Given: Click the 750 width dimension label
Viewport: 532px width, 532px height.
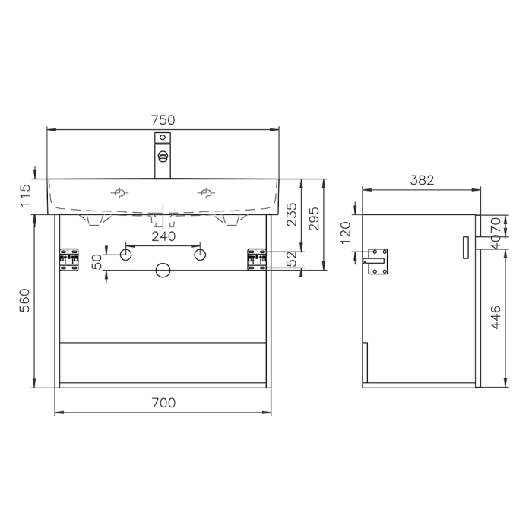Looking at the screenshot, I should point(163,119).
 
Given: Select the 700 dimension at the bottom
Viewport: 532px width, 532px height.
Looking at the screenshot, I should point(163,403).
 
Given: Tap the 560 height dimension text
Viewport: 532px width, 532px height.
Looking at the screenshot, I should point(24,300).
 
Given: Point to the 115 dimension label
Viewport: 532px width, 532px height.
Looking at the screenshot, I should point(24,195).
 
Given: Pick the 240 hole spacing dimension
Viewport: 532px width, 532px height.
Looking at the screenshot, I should point(163,236).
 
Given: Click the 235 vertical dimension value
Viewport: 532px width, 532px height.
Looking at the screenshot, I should point(292,215).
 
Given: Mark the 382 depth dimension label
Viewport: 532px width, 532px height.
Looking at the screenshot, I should point(422,181).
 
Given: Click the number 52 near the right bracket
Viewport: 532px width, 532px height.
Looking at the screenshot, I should point(292,260).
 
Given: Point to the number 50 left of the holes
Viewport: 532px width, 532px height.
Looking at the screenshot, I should point(97,261).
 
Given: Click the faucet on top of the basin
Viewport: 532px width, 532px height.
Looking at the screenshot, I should point(163,156).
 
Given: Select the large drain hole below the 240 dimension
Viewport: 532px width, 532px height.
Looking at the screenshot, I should point(163,270).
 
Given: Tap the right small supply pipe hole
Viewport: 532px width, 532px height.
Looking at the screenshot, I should point(199,255).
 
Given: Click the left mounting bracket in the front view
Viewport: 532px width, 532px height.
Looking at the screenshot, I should point(70,258).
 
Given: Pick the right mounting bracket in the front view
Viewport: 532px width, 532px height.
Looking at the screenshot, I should point(256,258).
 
